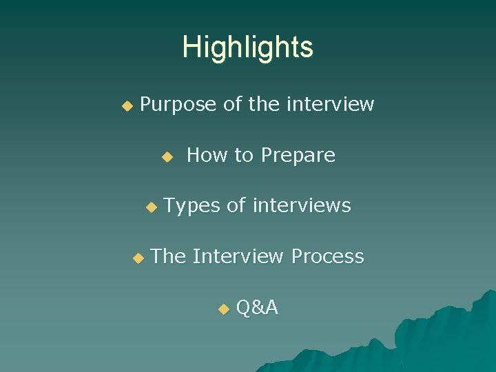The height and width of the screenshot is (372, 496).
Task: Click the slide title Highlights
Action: (247, 48)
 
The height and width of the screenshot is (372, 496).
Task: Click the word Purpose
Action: (178, 105)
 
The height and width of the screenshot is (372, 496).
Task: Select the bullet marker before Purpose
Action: (126, 106)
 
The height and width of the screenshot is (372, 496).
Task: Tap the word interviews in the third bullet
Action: (301, 205)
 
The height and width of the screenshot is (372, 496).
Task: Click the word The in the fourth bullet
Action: (168, 256)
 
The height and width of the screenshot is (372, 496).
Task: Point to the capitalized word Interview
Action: (238, 256)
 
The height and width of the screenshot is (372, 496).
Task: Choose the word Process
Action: (327, 256)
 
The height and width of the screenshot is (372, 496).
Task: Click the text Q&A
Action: (257, 308)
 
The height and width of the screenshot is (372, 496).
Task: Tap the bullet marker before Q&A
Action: (223, 309)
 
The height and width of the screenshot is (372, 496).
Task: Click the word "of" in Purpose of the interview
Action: (232, 105)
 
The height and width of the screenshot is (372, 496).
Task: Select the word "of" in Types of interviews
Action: (236, 205)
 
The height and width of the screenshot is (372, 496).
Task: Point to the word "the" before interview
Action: (264, 105)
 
